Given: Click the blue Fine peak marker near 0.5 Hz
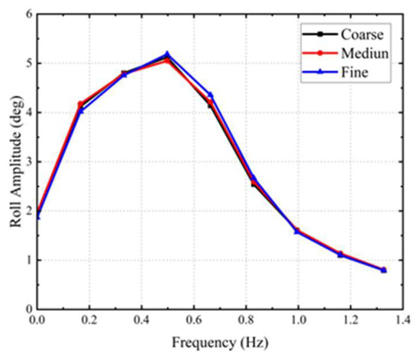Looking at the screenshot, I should pos(167,54).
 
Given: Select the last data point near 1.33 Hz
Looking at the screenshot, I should pos(383,270).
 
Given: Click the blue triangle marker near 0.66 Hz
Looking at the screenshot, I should pos(210,95).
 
